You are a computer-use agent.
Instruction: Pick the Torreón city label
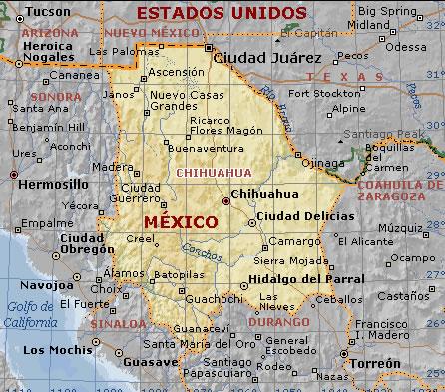376,364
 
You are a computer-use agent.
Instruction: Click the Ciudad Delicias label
304,215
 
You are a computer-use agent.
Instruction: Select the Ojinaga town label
321,162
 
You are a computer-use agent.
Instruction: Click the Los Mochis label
55,350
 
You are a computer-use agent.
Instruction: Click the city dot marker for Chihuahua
225,201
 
